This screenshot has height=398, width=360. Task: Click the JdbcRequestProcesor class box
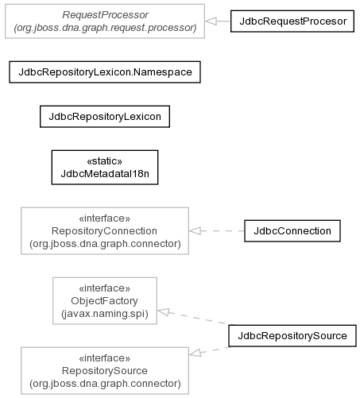click(292, 21)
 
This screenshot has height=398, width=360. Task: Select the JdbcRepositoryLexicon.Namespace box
click(105, 72)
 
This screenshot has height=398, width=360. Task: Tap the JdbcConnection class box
click(292, 231)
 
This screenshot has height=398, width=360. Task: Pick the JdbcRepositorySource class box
click(292, 335)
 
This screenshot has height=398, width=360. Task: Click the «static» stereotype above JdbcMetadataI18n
click(105, 161)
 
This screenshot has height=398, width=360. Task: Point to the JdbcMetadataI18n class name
click(105, 174)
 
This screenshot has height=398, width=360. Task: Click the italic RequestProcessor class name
click(105, 15)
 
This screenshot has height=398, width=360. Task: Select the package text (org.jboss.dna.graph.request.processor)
click(105, 28)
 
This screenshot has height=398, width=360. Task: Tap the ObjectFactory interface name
click(104, 301)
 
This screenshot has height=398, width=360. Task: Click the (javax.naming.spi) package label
click(105, 314)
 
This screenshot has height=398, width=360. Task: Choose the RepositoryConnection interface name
click(104, 231)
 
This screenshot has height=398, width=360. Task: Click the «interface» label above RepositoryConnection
click(105, 218)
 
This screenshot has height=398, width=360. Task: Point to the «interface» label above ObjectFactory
click(105, 288)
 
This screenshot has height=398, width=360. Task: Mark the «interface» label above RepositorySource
click(105, 358)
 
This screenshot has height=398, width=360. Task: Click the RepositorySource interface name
click(105, 371)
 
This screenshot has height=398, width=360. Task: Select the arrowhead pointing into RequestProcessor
click(211, 21)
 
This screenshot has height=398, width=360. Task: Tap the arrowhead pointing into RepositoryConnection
click(195, 231)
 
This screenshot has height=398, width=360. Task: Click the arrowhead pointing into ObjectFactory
click(163, 311)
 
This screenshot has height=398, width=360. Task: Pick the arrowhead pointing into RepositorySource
click(195, 353)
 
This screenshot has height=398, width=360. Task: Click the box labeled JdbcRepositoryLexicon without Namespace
click(105, 117)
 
